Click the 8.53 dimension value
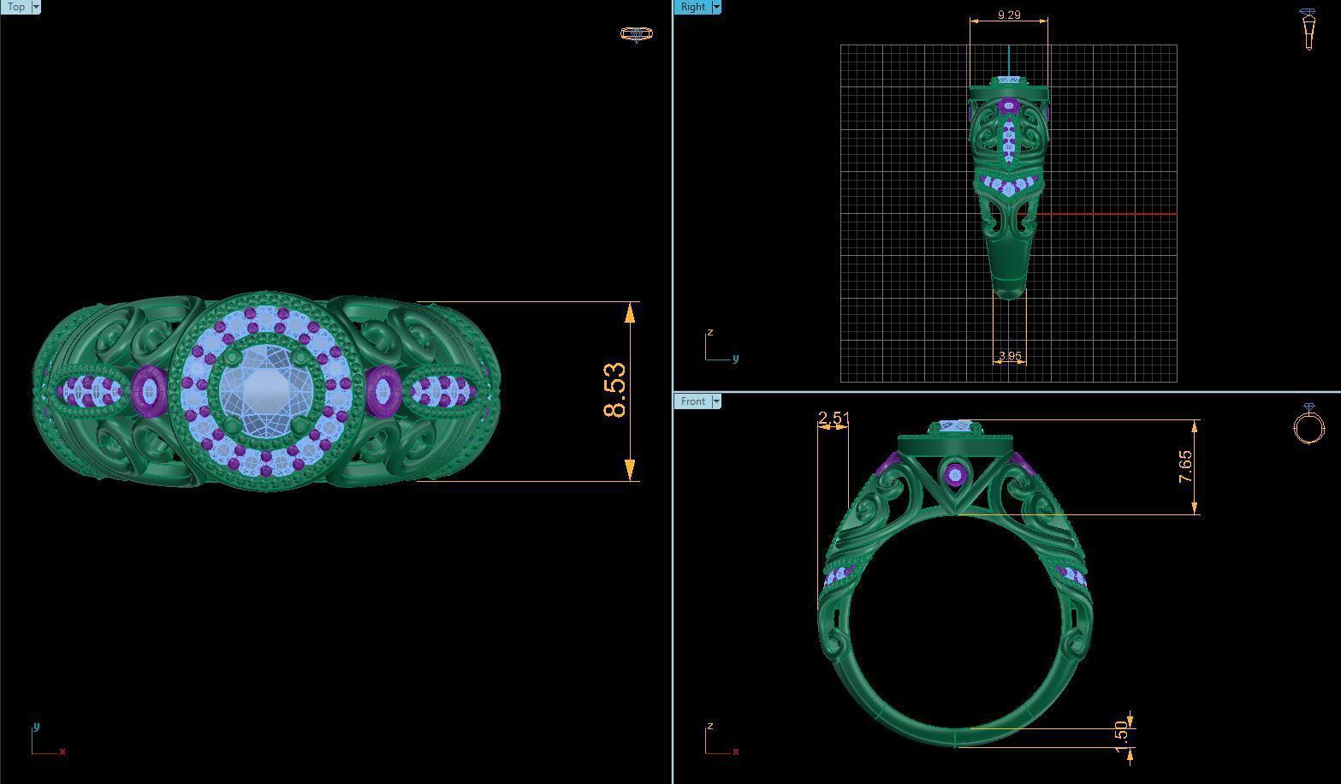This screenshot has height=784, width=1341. tap(614, 391)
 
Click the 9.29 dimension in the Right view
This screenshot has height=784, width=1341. tap(1009, 15)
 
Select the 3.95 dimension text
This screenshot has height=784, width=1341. tap(1010, 355)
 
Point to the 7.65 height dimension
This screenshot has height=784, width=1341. tap(1185, 466)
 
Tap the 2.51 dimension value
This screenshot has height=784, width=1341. tap(834, 418)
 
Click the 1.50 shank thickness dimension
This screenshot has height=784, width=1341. tap(1121, 732)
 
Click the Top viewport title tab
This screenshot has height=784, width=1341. tap(15, 7)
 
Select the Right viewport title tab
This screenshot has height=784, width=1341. tap(692, 7)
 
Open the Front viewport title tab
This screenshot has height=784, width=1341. tap(692, 401)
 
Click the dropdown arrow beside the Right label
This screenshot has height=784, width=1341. tap(716, 7)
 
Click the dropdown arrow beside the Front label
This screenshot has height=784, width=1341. tap(716, 401)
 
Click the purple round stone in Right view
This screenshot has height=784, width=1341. tap(1009, 107)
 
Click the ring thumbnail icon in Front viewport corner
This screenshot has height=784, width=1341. tap(1308, 425)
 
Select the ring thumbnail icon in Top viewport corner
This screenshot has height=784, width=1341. tap(636, 34)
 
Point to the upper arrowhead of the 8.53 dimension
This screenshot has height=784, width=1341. tap(630, 312)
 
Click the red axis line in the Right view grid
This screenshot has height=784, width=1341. tap(1104, 214)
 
